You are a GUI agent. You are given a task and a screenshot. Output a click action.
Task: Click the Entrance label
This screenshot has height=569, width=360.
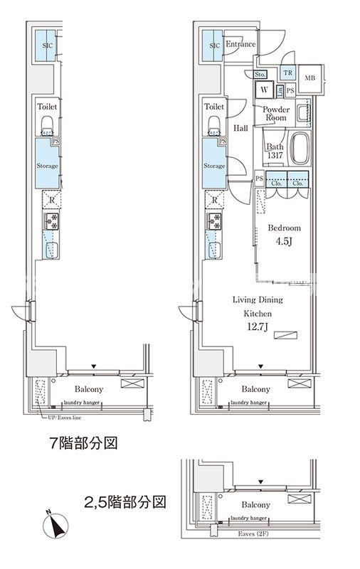(x=240, y=45)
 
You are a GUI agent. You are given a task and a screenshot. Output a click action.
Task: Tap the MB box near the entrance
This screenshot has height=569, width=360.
(x=310, y=78)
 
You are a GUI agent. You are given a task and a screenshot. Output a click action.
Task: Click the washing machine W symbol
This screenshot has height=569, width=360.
(x=264, y=90)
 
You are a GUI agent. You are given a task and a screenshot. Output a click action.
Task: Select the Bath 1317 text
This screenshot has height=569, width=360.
(x=275, y=152)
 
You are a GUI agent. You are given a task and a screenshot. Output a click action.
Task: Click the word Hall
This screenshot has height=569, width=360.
(x=240, y=128)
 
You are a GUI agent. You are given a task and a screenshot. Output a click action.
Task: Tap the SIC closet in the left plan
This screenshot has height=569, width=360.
(x=47, y=46)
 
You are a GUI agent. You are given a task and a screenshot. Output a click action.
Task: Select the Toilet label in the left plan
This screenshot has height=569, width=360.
(x=48, y=107)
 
